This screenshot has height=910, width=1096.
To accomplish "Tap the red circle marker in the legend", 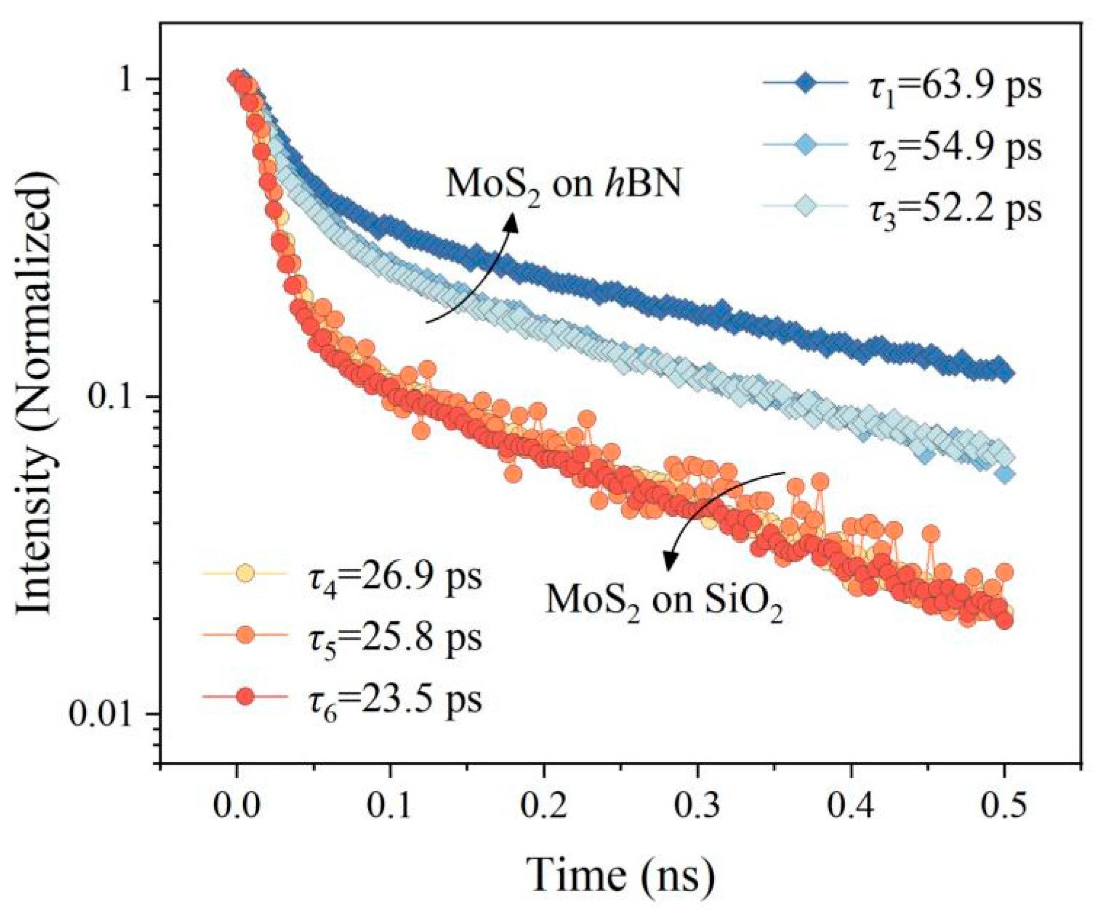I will pyautogui.click(x=244, y=696).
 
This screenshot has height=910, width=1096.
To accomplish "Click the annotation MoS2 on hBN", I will pyautogui.click(x=564, y=185).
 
